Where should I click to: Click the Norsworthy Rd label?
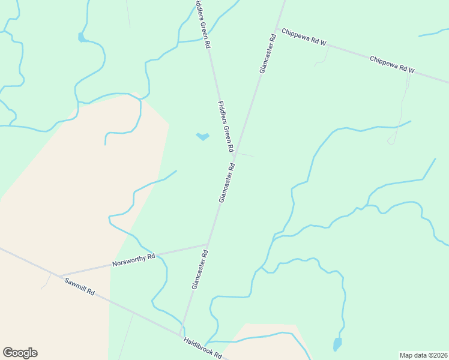(x=134, y=260)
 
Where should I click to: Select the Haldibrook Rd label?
(x=202, y=348)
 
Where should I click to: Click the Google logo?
(x=20, y=353)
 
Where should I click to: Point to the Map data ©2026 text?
(x=424, y=355)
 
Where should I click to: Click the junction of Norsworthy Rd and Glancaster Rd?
(x=208, y=244)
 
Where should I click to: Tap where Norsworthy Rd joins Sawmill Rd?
(x=61, y=276)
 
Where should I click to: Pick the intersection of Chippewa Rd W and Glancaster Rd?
(x=277, y=29)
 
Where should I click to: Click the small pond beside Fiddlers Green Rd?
(x=203, y=137)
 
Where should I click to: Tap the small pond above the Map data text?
(x=337, y=344)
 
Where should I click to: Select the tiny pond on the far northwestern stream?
(x=81, y=37)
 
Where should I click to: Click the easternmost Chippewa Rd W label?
(x=392, y=65)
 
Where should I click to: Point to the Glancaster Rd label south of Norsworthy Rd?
(x=200, y=270)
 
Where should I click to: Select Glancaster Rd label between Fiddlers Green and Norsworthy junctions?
(x=226, y=182)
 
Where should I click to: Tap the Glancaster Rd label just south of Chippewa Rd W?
(x=268, y=54)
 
